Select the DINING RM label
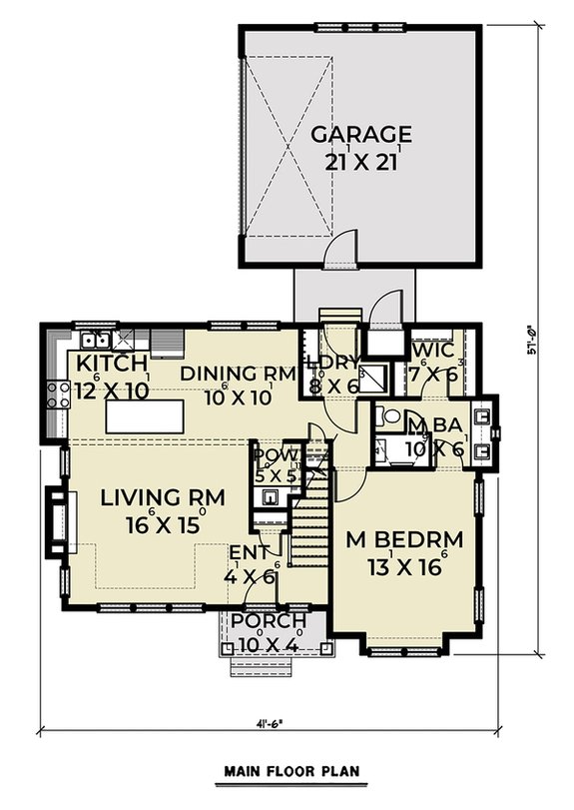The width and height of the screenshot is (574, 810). coord(239,374)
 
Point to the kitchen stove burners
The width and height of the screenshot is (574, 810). coord(58,396)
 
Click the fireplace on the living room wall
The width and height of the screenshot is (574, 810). coord(57,519)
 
